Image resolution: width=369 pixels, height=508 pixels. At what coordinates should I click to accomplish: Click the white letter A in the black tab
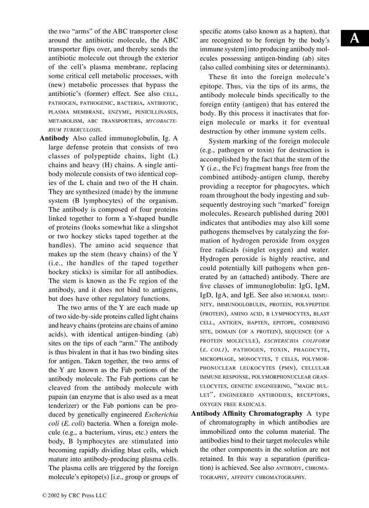point(355,39)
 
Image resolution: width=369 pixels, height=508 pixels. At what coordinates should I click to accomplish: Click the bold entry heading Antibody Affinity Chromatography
point(247,413)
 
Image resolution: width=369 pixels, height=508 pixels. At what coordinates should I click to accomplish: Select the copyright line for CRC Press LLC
point(75,495)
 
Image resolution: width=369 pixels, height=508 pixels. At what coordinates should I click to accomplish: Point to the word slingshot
point(163,227)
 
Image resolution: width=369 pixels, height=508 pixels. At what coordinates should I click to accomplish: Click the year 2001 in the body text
point(321,214)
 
